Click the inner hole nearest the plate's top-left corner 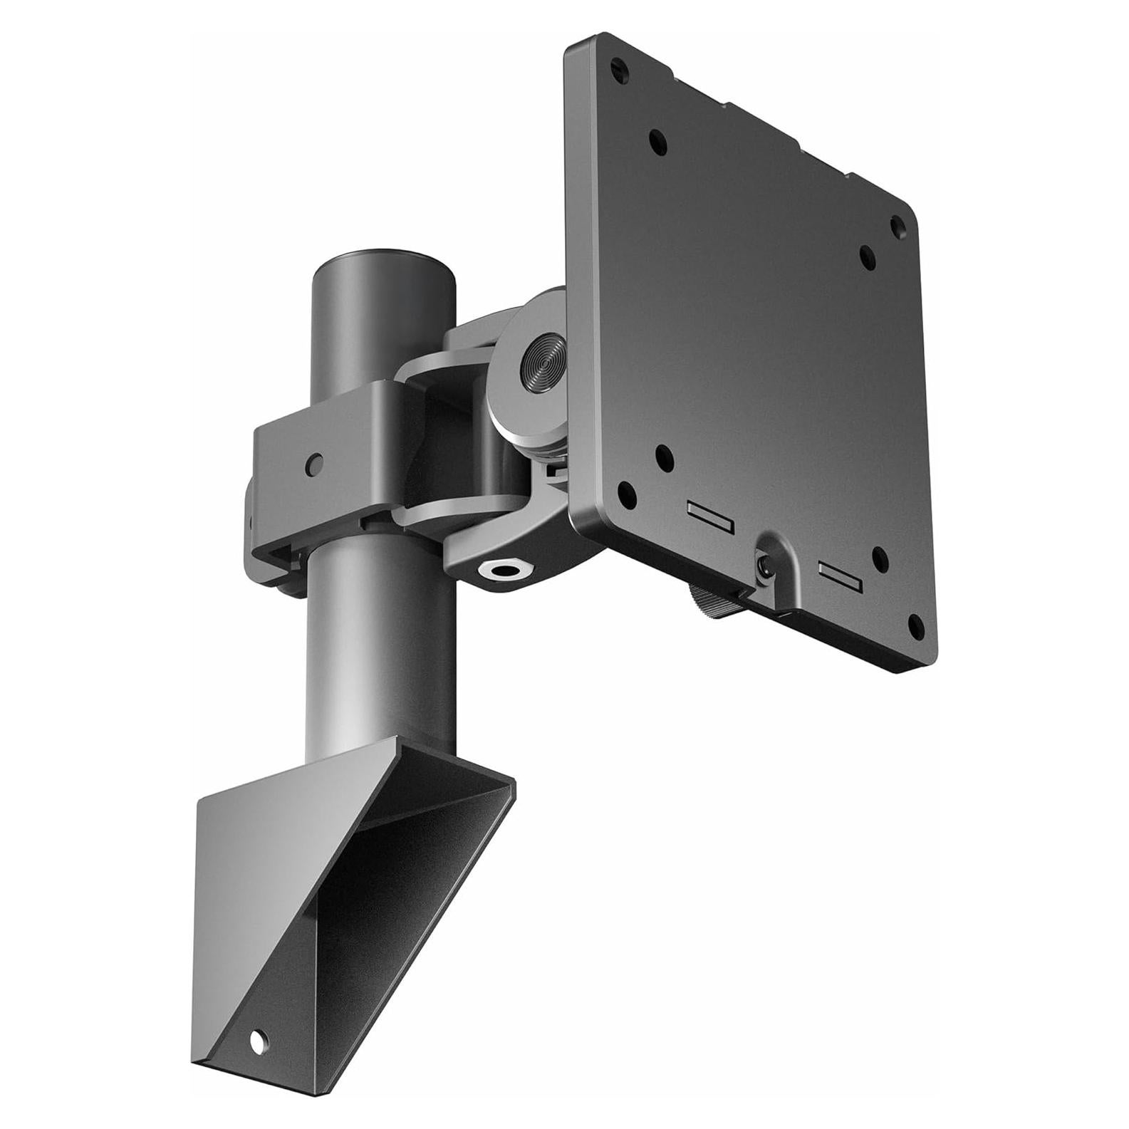coord(658,140)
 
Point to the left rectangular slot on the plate coord(710,514)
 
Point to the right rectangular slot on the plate coord(841,576)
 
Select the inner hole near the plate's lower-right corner coord(878,556)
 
